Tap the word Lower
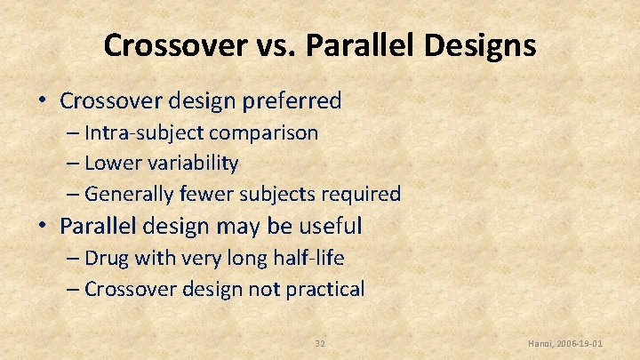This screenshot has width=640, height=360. [110, 163]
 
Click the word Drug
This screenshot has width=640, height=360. [107, 259]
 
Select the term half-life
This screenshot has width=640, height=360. [302, 259]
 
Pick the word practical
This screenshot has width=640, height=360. [324, 289]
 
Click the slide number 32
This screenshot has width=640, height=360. [321, 343]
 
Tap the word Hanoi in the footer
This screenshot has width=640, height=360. [542, 343]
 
